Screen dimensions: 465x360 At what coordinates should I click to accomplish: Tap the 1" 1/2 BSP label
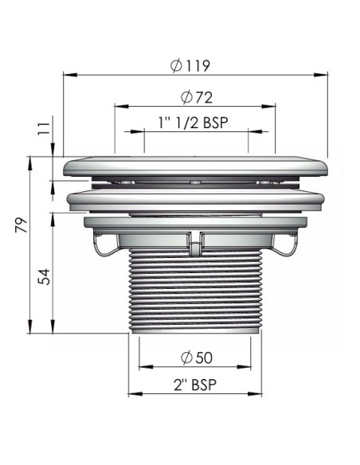coord(195,124)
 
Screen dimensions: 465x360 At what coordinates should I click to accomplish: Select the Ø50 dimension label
coord(195,356)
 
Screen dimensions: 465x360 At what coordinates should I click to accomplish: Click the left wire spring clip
coord(101,247)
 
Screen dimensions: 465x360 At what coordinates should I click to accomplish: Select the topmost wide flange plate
coord(195,166)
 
